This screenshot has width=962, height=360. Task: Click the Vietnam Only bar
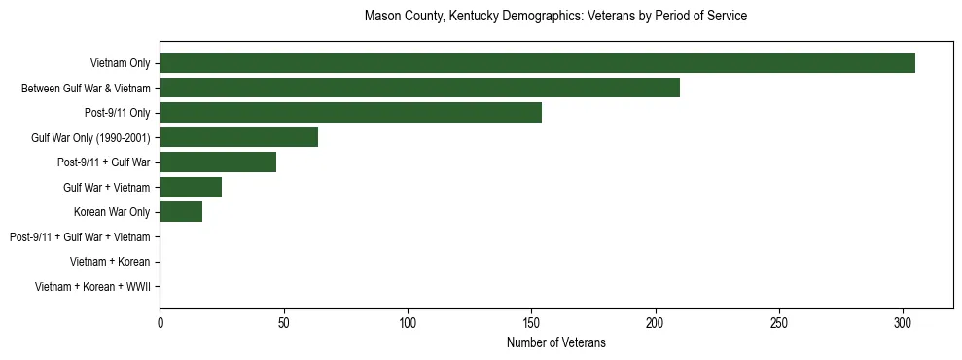[537, 63]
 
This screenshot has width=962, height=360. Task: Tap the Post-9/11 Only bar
[350, 113]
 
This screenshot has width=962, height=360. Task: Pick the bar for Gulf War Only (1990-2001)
[238, 137]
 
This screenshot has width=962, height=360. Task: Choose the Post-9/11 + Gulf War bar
[218, 162]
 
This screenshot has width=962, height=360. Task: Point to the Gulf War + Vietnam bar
[191, 187]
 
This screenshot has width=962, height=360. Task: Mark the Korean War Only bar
[181, 212]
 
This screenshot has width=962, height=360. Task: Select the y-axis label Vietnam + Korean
[110, 262]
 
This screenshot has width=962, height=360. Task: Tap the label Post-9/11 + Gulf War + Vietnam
[80, 236]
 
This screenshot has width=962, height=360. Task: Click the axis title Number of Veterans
[555, 342]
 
